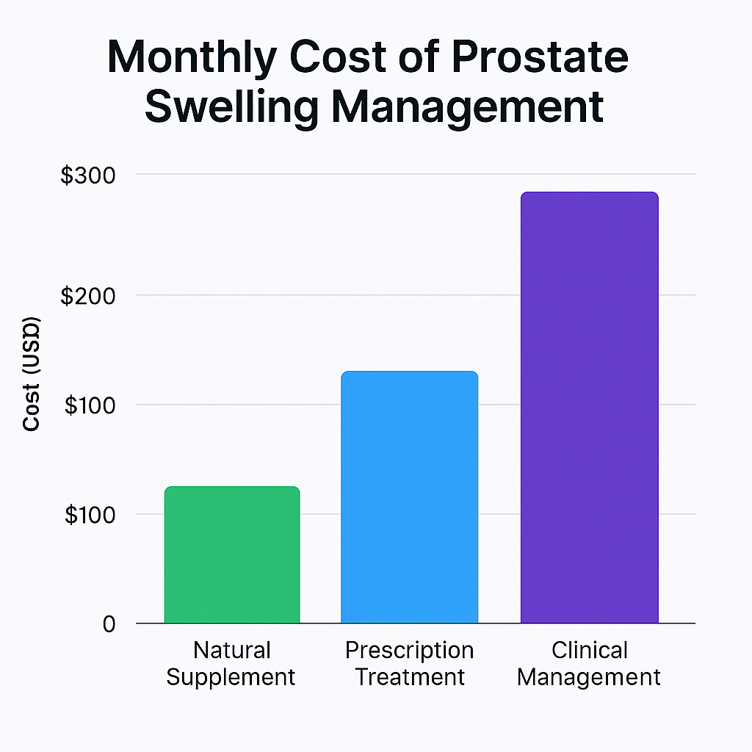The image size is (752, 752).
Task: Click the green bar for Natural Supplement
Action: pos(232,554)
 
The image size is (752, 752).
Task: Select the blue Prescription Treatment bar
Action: pos(409,497)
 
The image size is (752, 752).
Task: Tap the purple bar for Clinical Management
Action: pos(589,408)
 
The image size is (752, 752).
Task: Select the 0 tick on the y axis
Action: pos(109,624)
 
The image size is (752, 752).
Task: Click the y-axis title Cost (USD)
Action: pos(32,375)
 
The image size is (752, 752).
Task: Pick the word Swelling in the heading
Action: pos(230,106)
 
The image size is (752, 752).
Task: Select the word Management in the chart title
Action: pos(467,106)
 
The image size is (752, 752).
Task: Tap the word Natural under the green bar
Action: pos(232,651)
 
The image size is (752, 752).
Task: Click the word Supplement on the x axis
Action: pos(231,677)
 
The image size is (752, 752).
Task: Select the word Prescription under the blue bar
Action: pos(409,651)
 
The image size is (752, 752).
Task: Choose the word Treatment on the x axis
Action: pos(410,677)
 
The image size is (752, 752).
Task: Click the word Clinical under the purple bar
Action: pos(589,651)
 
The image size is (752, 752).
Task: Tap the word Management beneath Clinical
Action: pos(589,677)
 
